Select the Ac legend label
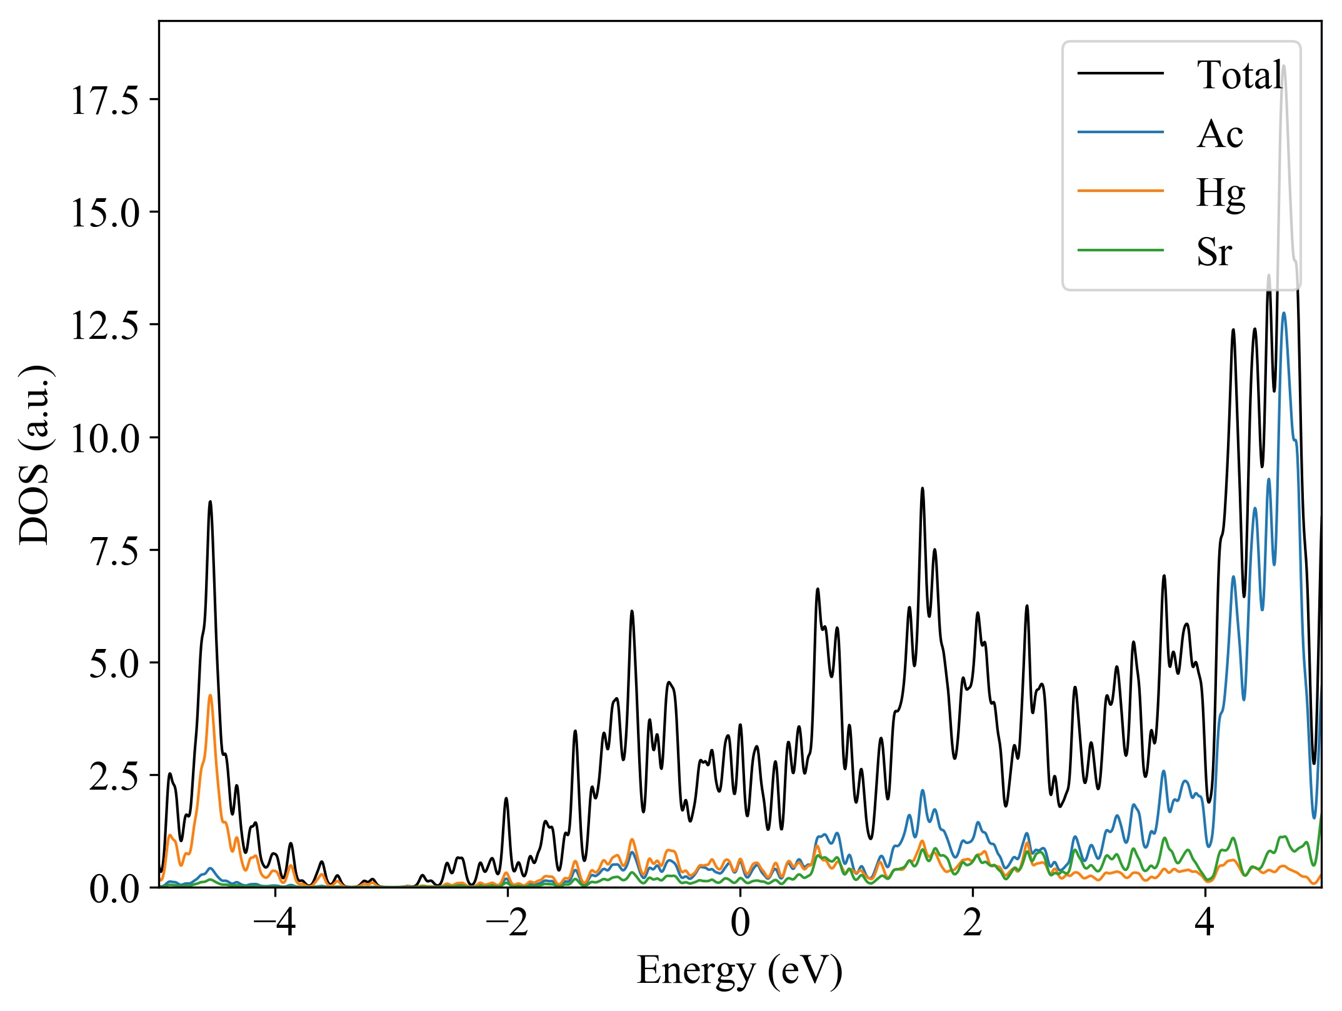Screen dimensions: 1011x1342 click(1219, 134)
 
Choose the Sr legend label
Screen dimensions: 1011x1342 click(1214, 252)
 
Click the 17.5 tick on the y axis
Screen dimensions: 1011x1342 click(104, 100)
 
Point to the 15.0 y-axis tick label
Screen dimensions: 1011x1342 click(104, 213)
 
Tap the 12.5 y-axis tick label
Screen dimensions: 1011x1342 click(104, 325)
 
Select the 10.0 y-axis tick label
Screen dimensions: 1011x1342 click(104, 438)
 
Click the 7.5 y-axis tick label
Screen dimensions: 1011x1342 click(113, 550)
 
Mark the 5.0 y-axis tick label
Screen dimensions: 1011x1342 click(113, 663)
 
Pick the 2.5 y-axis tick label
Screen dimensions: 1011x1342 click(113, 775)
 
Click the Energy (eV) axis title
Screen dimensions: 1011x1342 click(739, 971)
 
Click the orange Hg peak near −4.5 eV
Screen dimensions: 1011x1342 click(210, 695)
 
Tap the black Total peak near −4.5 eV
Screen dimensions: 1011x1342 click(210, 501)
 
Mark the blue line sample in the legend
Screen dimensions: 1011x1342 click(1120, 133)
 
